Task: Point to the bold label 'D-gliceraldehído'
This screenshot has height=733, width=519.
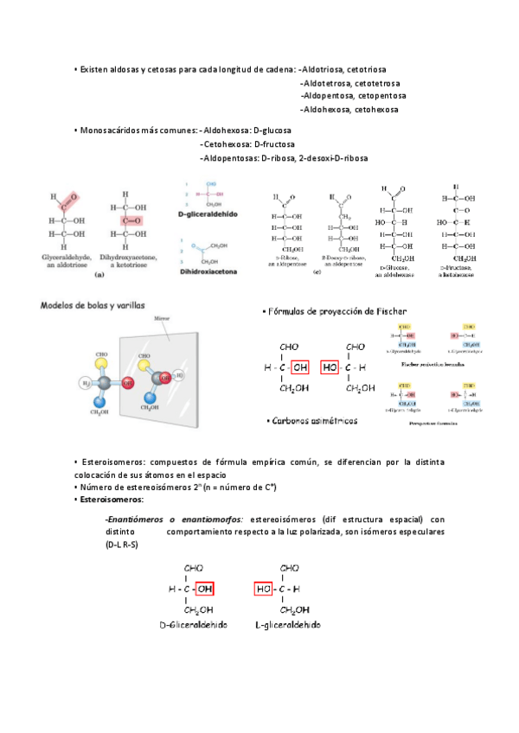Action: (207, 212)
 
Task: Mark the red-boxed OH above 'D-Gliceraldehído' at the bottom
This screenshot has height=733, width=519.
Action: (204, 589)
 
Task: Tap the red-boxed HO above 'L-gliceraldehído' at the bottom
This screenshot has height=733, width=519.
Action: (265, 589)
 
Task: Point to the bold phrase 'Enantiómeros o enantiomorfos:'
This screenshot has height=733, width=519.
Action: (174, 519)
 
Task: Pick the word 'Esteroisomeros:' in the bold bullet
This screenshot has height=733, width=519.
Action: (111, 500)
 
